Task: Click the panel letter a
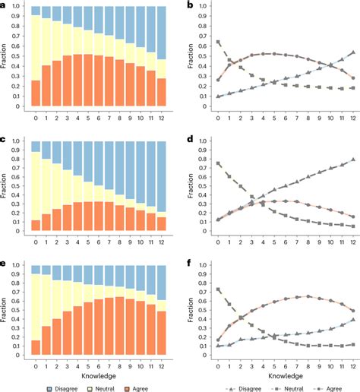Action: [x=5, y=5]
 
